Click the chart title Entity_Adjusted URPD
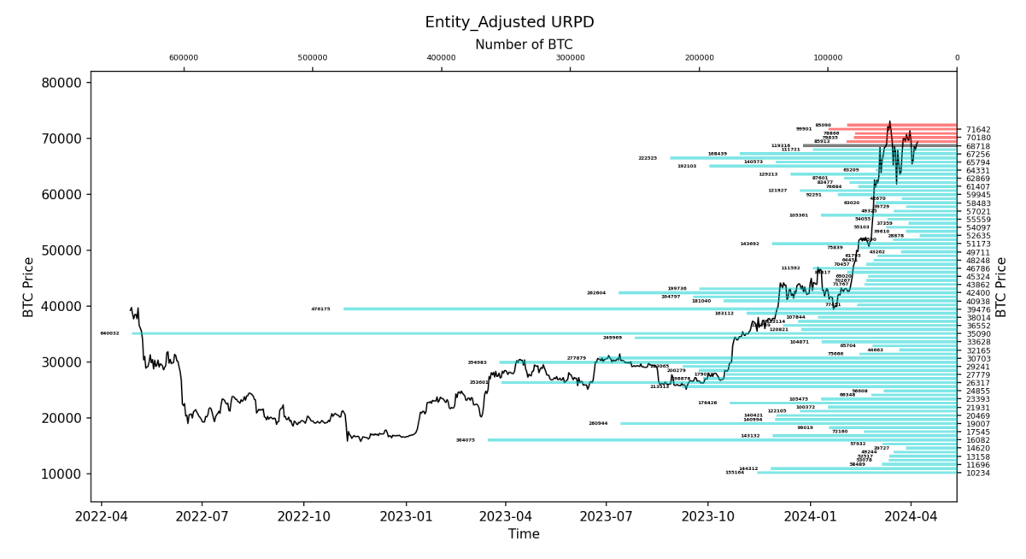tap(509, 22)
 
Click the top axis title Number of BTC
tap(524, 44)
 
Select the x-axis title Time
tap(524, 534)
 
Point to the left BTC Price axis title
tap(29, 286)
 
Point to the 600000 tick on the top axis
tap(184, 58)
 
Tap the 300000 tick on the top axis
tap(570, 58)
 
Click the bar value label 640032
tap(109, 333)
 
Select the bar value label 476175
tap(320, 309)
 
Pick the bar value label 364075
tap(466, 440)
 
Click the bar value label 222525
tap(648, 158)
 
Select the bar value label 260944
tap(598, 423)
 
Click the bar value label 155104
tap(735, 473)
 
